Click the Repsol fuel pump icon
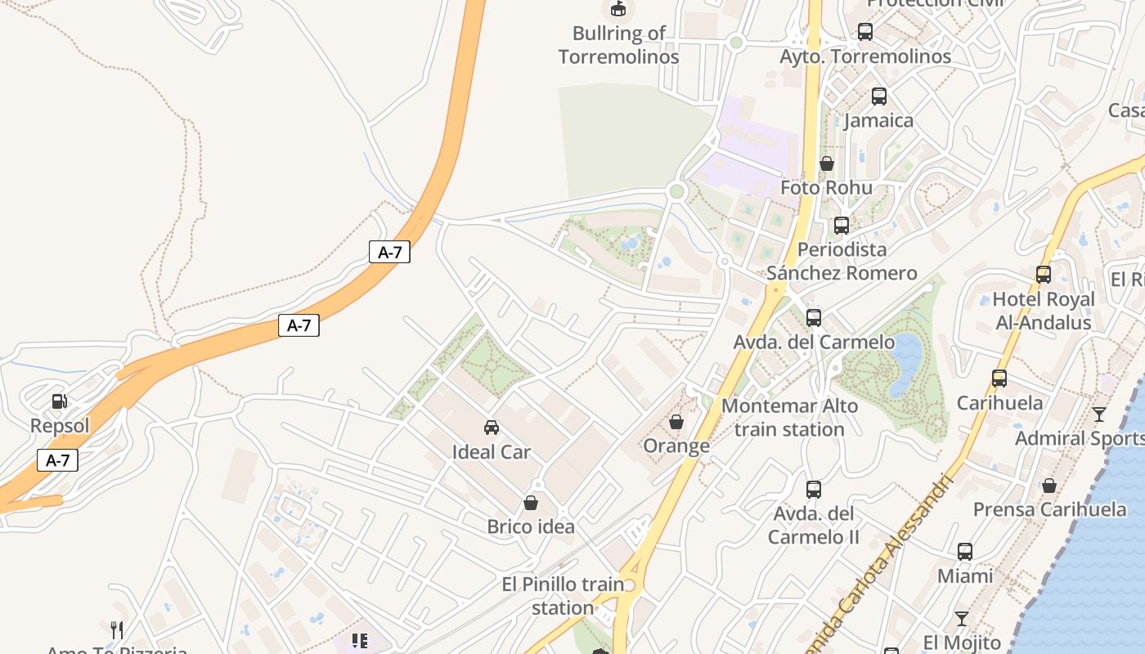[x=59, y=401]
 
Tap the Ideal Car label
[x=492, y=452]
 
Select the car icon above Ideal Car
[x=492, y=428]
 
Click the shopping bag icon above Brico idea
[x=531, y=503]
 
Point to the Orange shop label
[x=676, y=446]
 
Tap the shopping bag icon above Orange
[x=676, y=422]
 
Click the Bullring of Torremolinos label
[x=618, y=45]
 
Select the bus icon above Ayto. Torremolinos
[x=865, y=32]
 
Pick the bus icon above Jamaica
[x=879, y=96]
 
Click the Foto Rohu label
[x=826, y=188]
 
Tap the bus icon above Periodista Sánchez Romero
[x=842, y=226]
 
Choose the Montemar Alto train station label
[x=789, y=418]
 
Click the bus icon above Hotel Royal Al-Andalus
[x=1044, y=275]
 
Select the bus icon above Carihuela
[x=999, y=379]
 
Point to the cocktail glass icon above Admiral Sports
[x=1099, y=414]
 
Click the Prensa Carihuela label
[x=1049, y=510]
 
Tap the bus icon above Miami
[x=965, y=552]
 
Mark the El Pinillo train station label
[x=562, y=597]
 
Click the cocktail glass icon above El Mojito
[x=962, y=618]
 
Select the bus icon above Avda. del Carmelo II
[x=814, y=490]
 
